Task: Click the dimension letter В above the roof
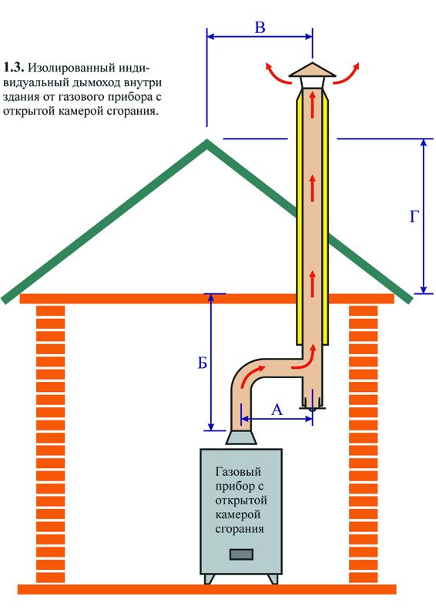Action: pyautogui.click(x=260, y=28)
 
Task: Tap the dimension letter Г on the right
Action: pyautogui.click(x=414, y=216)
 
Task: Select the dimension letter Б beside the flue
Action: pyautogui.click(x=202, y=363)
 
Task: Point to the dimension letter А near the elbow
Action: pyautogui.click(x=277, y=410)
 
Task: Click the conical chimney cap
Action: pyautogui.click(x=313, y=70)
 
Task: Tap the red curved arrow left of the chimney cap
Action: pyautogui.click(x=277, y=73)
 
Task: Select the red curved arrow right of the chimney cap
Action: pyautogui.click(x=347, y=73)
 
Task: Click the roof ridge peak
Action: pyautogui.click(x=206, y=141)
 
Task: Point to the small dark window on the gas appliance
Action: pyautogui.click(x=241, y=554)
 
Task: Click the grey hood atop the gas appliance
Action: pyautogui.click(x=241, y=437)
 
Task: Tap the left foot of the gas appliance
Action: pyautogui.click(x=210, y=579)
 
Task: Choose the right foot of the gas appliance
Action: pyautogui.click(x=273, y=579)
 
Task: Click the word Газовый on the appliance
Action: pyautogui.click(x=239, y=472)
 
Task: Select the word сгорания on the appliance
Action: pyautogui.click(x=239, y=529)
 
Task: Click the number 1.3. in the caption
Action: pyautogui.click(x=14, y=68)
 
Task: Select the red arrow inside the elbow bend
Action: pyautogui.click(x=251, y=376)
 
